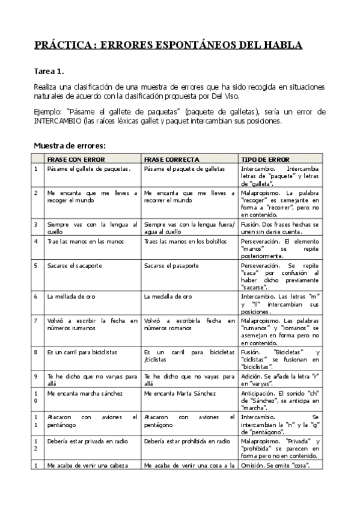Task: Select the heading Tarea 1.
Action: coord(48,70)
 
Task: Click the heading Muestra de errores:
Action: coord(70,145)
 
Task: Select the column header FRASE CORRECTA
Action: coord(172,159)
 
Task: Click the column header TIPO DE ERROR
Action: coord(265,159)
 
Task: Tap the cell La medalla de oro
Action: coord(168,296)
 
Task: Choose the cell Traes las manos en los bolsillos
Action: coord(185,241)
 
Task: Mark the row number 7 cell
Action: coord(36,321)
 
